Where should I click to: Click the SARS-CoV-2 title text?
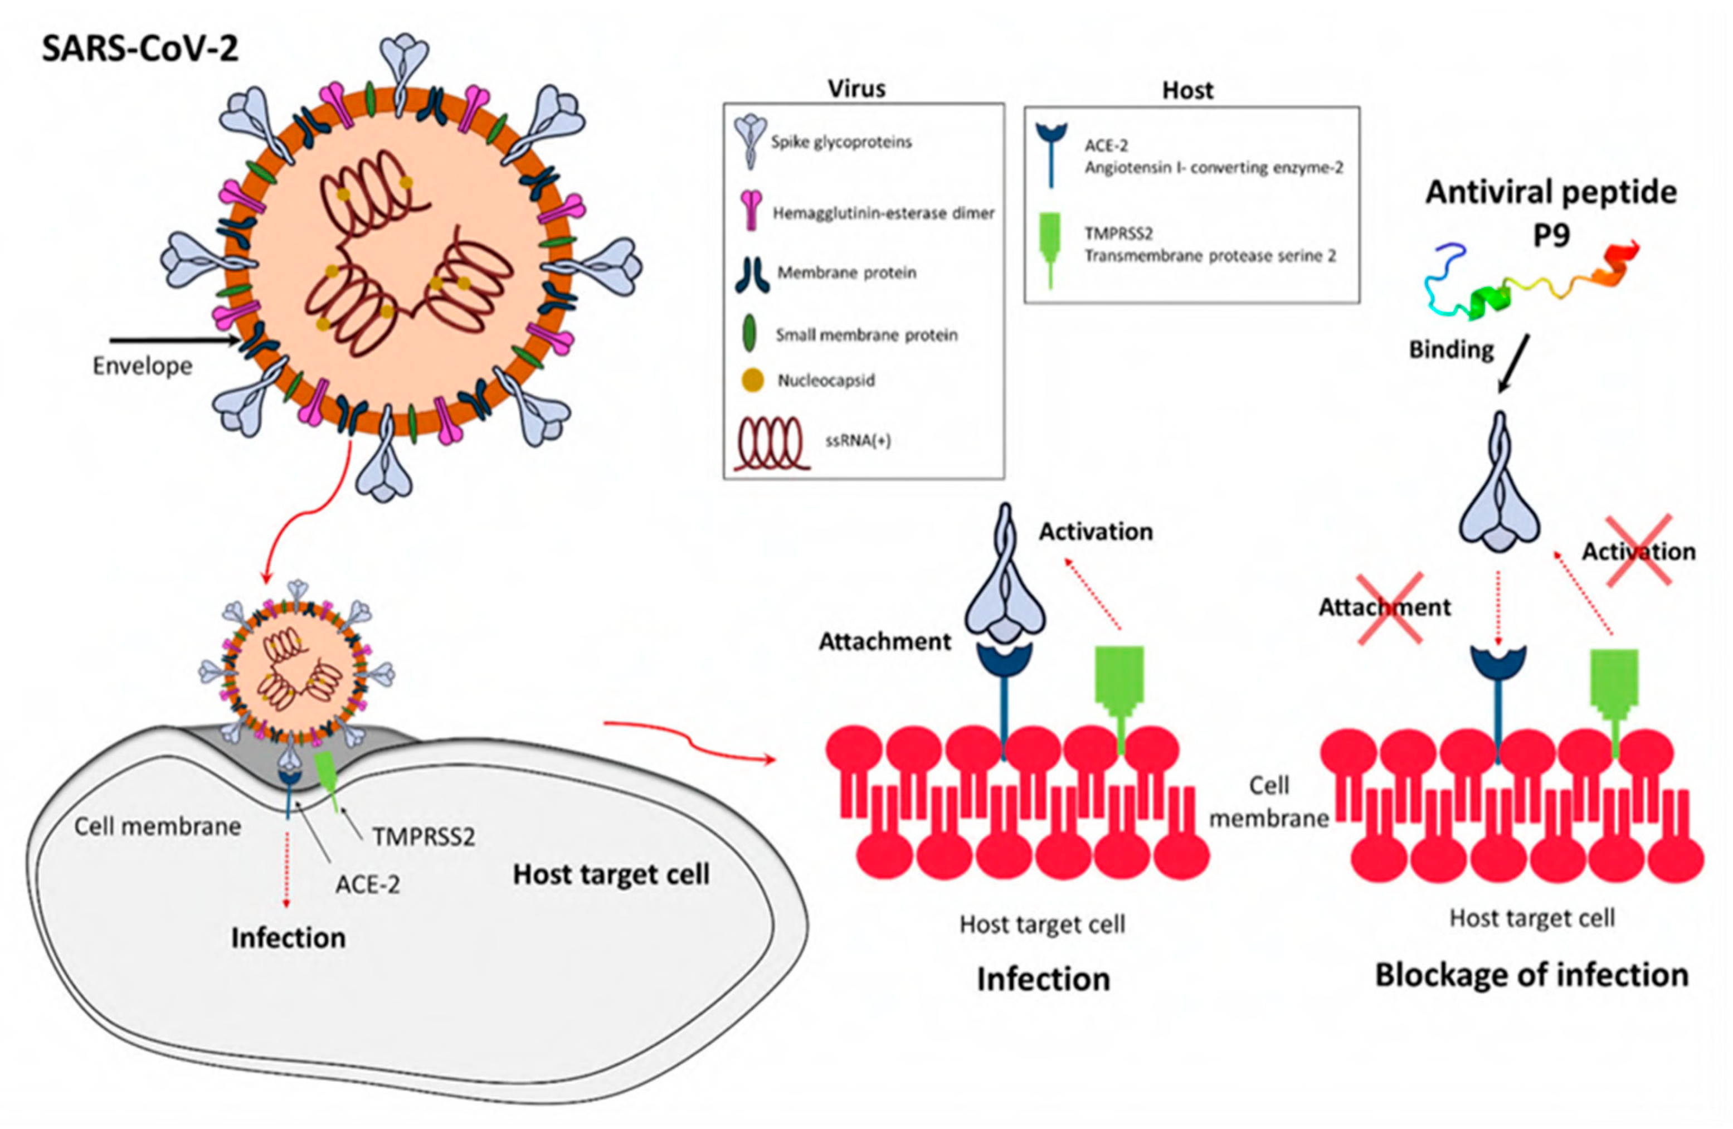pos(140,50)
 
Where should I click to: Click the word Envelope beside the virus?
pos(143,366)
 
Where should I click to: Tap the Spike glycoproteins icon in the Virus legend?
pos(750,142)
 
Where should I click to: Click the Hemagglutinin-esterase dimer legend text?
pos(883,213)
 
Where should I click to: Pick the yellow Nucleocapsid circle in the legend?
pos(752,380)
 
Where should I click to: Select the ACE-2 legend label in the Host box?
pos(1106,145)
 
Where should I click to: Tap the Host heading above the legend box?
pos(1187,90)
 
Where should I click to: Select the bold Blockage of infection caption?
pos(1531,975)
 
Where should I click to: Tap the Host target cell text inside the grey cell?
pos(610,875)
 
